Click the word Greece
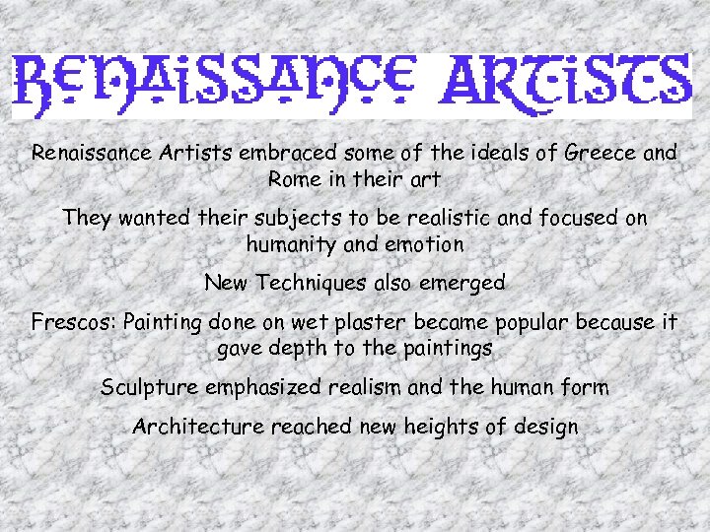(600, 154)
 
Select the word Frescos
(74, 322)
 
